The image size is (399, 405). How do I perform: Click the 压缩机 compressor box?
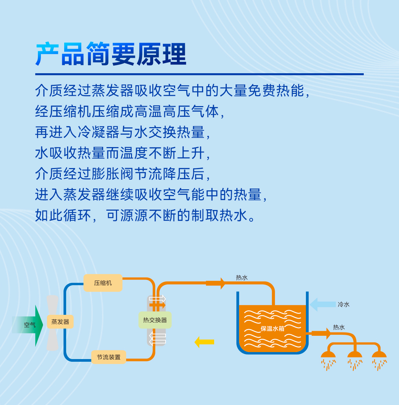click(103, 283)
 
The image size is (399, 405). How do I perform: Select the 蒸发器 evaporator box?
click(60, 321)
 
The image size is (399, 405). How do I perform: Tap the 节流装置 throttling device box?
click(109, 357)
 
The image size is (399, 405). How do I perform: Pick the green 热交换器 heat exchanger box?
click(155, 320)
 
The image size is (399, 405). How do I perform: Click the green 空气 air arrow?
click(28, 325)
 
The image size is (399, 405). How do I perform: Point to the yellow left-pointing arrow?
click(204, 342)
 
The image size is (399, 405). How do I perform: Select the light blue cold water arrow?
click(323, 304)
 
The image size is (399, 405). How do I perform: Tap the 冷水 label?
click(343, 304)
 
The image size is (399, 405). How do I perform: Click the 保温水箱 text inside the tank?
click(272, 328)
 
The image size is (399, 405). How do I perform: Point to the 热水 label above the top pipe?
click(242, 278)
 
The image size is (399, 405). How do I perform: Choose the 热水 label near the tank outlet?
click(339, 327)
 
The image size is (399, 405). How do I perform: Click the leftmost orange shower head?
click(328, 354)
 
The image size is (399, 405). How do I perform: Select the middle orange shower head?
click(355, 354)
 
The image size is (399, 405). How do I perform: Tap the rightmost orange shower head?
click(379, 354)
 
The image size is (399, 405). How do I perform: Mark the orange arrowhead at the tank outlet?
click(329, 333)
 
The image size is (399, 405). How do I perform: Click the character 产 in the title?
click(47, 54)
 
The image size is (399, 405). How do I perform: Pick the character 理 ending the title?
click(175, 54)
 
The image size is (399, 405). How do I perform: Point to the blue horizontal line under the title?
click(199, 74)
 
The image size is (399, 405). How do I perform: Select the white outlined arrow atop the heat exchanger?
click(157, 299)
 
